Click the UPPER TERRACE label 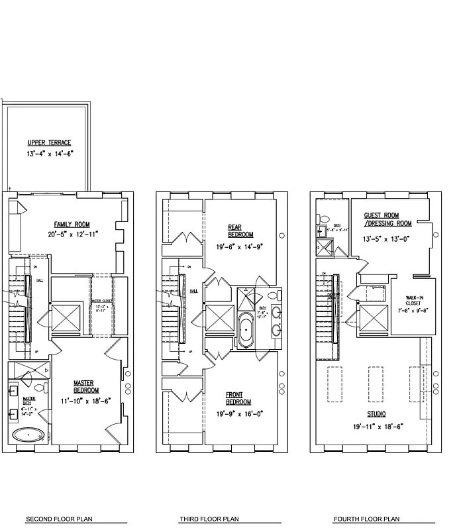coord(48,142)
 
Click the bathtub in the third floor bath coord(246,331)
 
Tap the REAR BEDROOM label coord(240,231)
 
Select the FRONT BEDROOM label coord(238,398)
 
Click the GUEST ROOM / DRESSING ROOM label coord(387,219)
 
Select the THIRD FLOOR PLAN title coord(209,519)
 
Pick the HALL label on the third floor coord(193,291)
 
